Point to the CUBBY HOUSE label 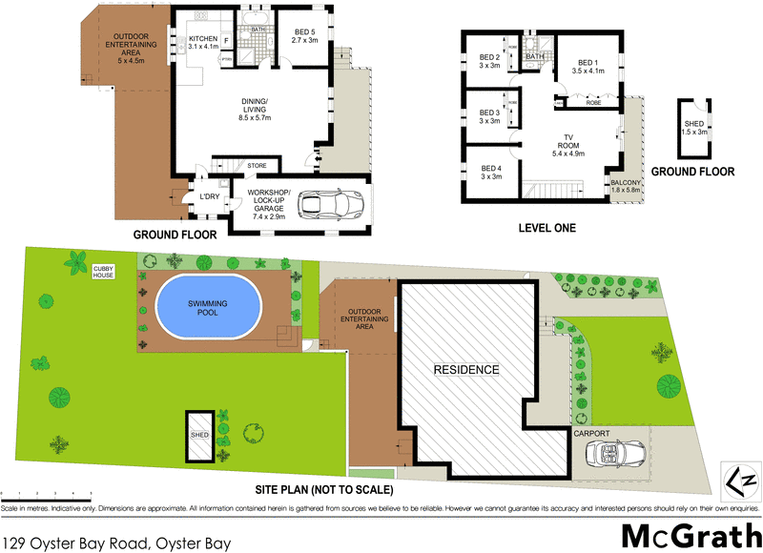(x=104, y=273)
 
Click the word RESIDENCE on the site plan (x=466, y=369)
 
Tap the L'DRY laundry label (x=210, y=197)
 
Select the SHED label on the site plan (x=199, y=435)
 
